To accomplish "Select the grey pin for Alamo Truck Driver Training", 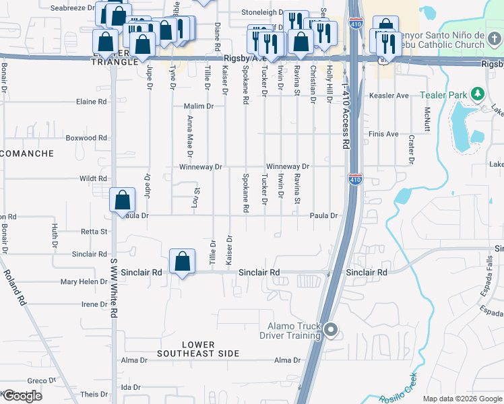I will (330, 329).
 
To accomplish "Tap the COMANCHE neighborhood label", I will (26, 154).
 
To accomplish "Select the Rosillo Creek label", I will (398, 389).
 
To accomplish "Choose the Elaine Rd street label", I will (92, 102).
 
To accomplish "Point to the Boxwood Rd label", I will (86, 138).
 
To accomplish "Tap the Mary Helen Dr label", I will (84, 281).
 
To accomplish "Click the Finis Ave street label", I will (383, 134).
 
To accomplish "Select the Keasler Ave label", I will (389, 96).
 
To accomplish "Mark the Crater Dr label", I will (411, 149).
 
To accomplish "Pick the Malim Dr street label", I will (199, 106).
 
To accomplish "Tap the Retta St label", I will (94, 232).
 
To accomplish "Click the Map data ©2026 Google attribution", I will (462, 399).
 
